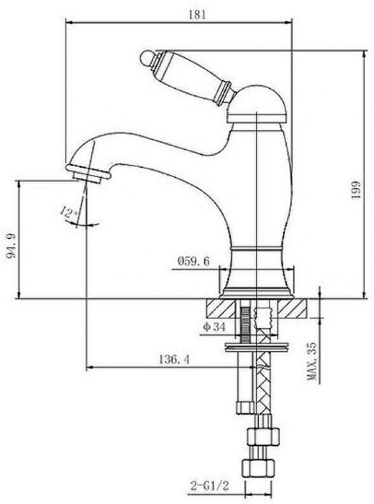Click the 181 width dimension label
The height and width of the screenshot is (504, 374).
(196, 15)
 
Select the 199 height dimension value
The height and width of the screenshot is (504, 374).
(356, 190)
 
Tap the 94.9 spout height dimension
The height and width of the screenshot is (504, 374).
(11, 246)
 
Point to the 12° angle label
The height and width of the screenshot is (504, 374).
(69, 213)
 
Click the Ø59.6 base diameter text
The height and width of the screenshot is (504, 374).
(193, 261)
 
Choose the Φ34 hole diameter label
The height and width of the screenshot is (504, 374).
(214, 327)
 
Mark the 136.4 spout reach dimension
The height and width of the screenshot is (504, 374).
(174, 359)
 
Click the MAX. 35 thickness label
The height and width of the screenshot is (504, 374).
(312, 362)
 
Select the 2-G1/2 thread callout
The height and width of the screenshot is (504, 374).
(209, 486)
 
